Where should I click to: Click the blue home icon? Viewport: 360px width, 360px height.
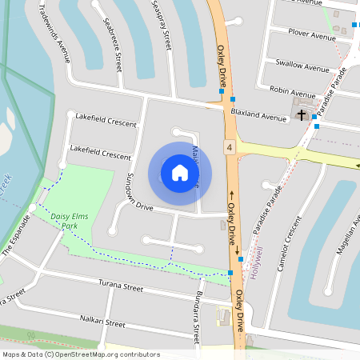click(180, 173)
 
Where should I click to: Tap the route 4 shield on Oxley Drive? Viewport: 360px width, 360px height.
click(230, 148)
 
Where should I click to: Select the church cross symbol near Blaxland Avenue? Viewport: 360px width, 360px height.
click(302, 116)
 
